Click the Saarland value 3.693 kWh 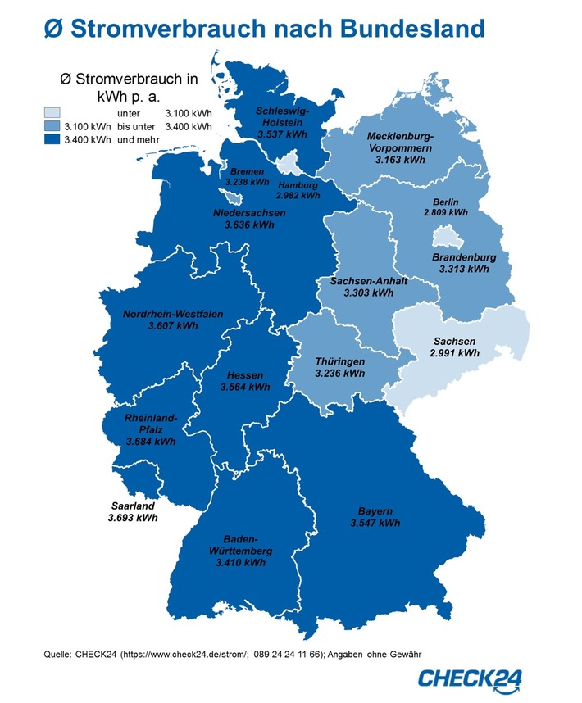(x=133, y=518)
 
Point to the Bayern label (x=375, y=510)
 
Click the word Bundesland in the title (x=395, y=29)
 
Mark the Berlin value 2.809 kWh (x=446, y=212)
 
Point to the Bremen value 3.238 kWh (x=246, y=182)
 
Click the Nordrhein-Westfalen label (x=173, y=314)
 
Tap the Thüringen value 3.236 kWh (x=340, y=374)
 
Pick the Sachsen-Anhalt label (x=369, y=281)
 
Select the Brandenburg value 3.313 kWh (x=464, y=268)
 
